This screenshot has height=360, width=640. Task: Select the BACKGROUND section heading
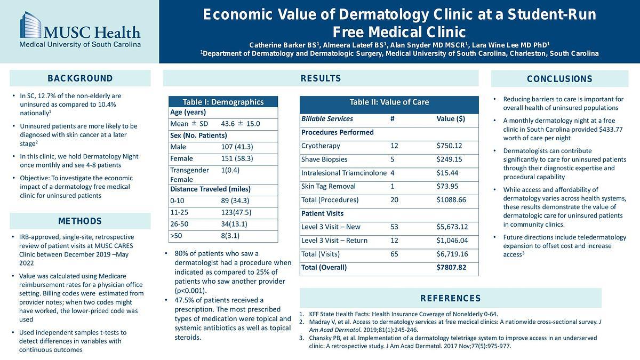click(x=80, y=78)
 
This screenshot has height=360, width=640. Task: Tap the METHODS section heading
click(x=80, y=221)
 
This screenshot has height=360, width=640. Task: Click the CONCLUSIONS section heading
click(x=559, y=79)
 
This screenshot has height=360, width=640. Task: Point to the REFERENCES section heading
click(x=450, y=298)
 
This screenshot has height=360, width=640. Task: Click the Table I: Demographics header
click(x=223, y=102)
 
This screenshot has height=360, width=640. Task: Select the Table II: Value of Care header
click(x=389, y=102)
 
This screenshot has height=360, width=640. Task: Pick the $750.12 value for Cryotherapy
click(x=449, y=146)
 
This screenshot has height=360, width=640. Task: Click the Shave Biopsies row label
click(x=324, y=159)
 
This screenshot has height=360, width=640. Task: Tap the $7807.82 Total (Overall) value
click(x=451, y=267)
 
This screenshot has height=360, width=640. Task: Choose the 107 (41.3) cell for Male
click(x=237, y=147)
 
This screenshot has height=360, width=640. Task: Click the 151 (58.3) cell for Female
click(x=237, y=158)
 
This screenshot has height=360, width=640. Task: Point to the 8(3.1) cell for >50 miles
click(x=230, y=235)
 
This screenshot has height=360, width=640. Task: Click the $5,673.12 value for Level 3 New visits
click(x=452, y=227)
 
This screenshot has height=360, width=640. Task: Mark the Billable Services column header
click(x=327, y=118)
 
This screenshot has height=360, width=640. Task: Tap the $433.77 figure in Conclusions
click(x=605, y=129)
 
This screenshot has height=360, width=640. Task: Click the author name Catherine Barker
click(x=281, y=44)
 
